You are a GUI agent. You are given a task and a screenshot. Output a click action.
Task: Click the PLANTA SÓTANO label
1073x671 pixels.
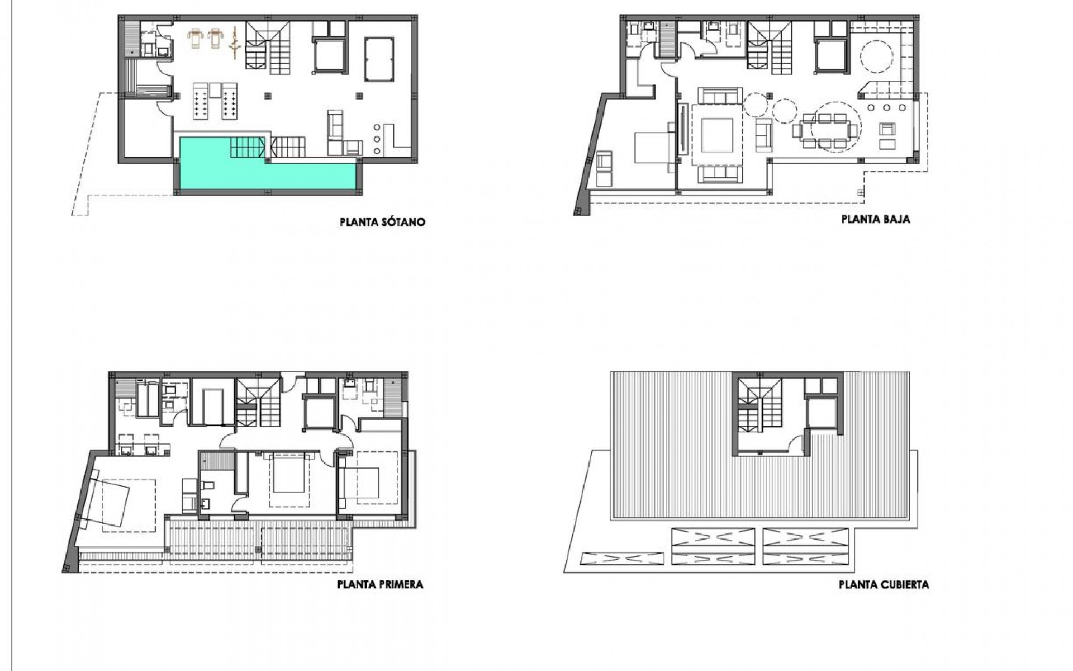click(382, 222)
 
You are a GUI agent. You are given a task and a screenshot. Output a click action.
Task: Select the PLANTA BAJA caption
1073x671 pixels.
click(875, 219)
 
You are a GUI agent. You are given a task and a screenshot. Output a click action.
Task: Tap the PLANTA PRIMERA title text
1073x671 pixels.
click(380, 584)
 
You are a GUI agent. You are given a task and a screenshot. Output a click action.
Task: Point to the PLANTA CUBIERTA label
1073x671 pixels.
click(884, 585)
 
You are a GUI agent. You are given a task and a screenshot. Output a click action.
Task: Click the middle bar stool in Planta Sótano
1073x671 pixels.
click(376, 139)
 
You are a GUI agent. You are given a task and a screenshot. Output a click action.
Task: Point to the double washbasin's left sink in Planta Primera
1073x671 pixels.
click(126, 450)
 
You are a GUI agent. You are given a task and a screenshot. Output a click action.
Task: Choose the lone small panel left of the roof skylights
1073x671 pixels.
click(622, 559)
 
